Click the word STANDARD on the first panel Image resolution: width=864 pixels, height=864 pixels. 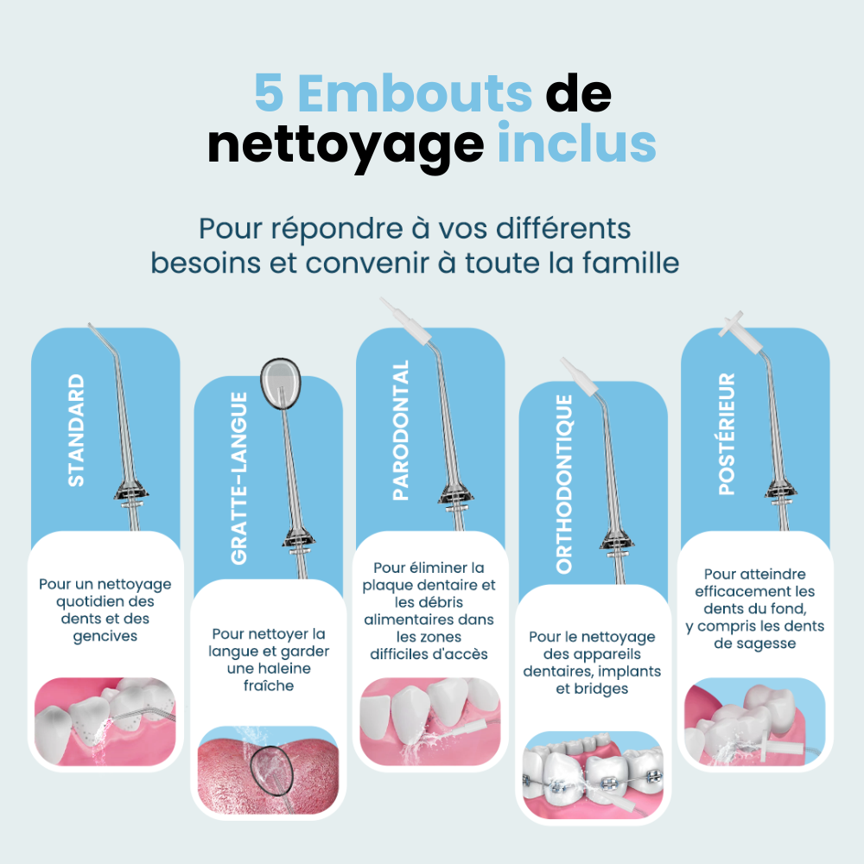(x=77, y=430)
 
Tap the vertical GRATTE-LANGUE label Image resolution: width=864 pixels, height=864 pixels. (x=239, y=478)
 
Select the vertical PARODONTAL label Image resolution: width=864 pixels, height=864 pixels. (x=401, y=430)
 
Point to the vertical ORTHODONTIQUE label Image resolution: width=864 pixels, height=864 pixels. (x=564, y=484)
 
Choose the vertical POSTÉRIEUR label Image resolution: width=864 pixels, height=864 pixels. (x=727, y=434)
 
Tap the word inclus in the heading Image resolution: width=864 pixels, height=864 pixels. (x=576, y=144)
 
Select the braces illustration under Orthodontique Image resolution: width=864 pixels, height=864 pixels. (x=592, y=773)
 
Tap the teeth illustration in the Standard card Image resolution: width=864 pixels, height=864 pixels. (x=105, y=721)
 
